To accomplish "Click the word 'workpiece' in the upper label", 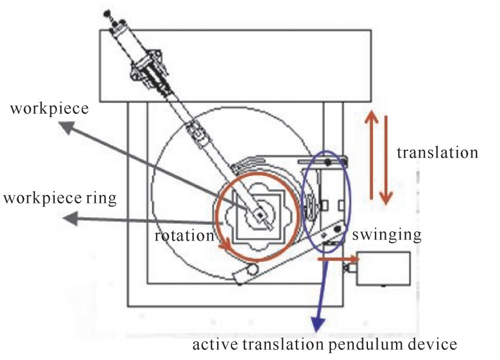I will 49,107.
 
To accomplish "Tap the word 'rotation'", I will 182,235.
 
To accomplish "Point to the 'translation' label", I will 437,153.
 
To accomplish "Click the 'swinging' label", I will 387,234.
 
